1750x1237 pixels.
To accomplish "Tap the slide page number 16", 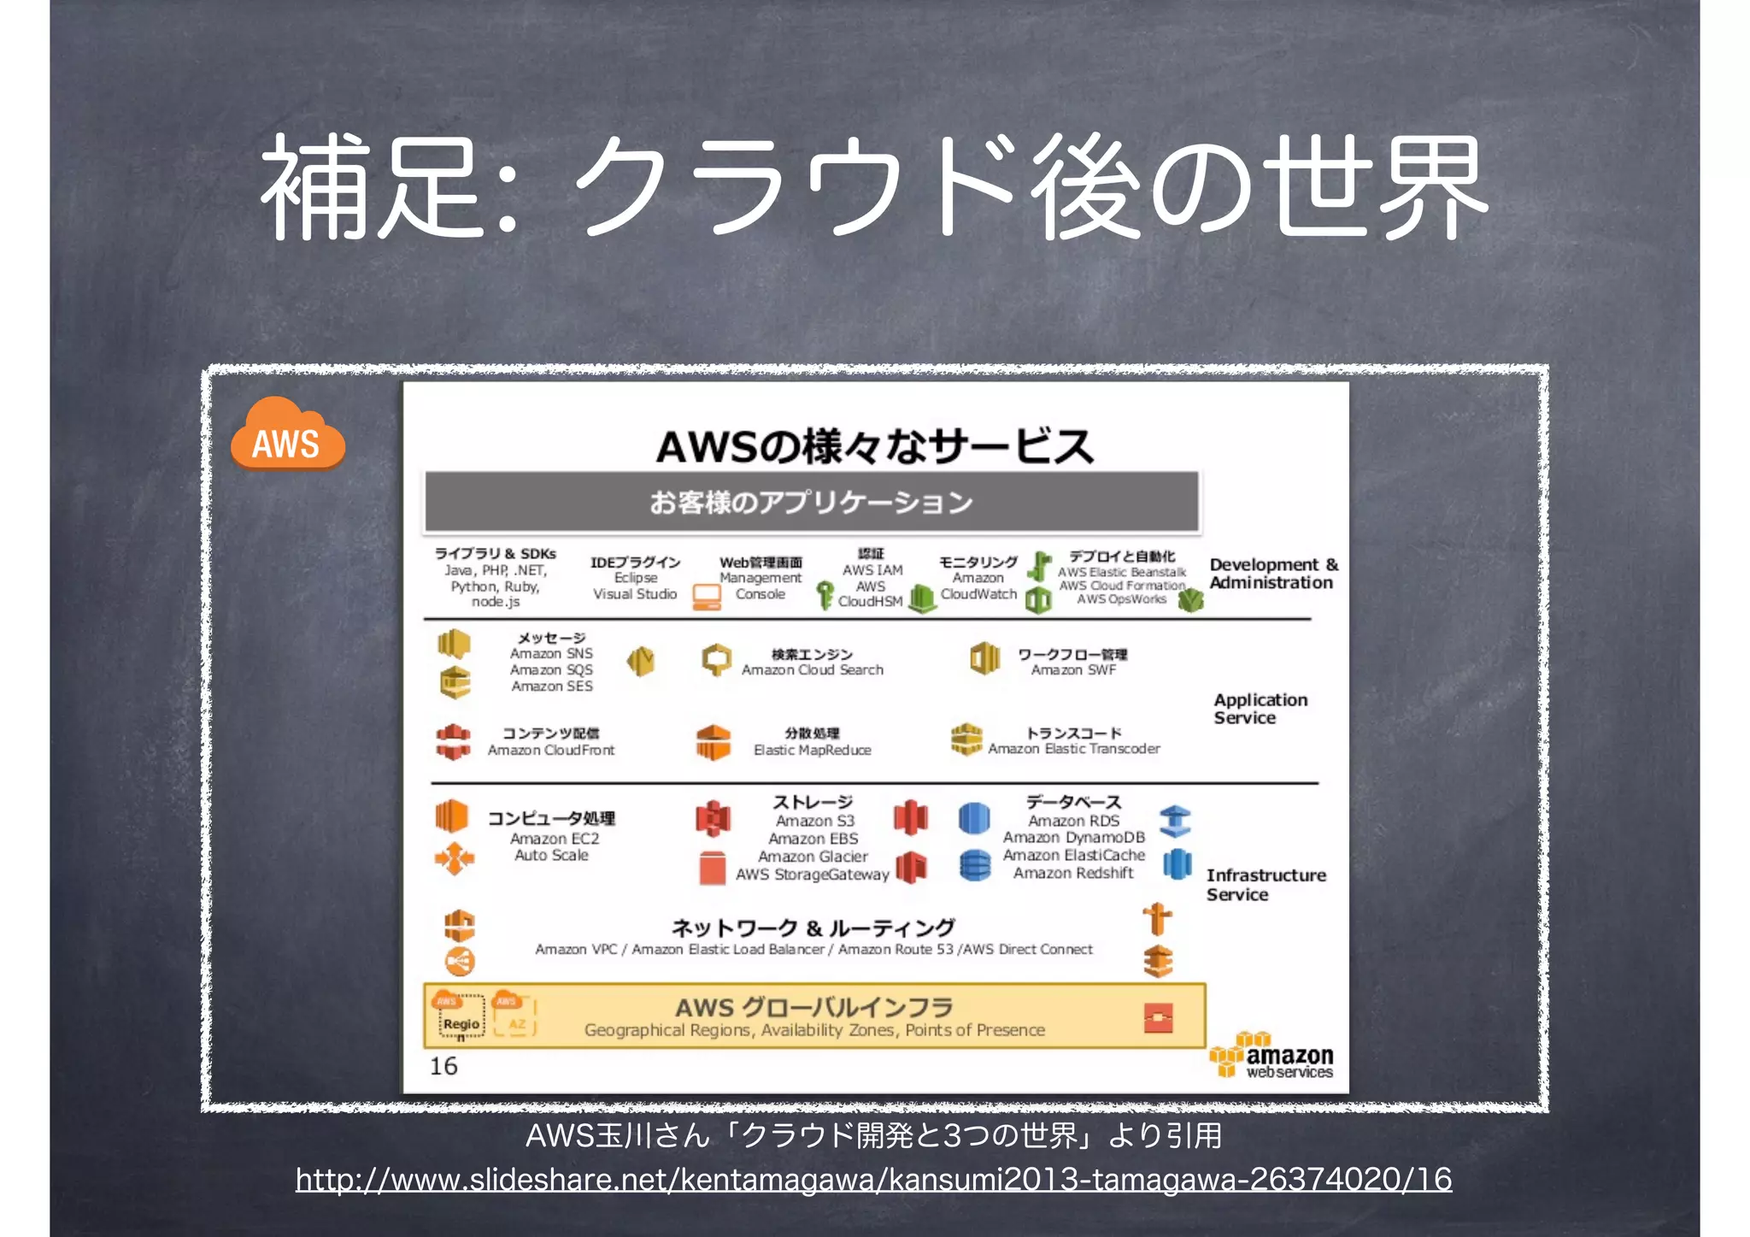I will (443, 1066).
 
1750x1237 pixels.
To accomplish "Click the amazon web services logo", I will (1273, 1057).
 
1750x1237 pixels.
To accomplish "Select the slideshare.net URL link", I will (873, 1180).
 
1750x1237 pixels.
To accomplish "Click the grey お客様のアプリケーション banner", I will (812, 502).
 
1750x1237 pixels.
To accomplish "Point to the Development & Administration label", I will (1272, 574).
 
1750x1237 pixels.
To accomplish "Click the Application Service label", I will (1260, 709).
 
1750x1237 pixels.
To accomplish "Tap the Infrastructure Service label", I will (1266, 885).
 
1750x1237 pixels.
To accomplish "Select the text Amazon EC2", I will (555, 839).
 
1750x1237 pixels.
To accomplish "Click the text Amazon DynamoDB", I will (1073, 838).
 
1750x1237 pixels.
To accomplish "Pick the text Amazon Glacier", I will (813, 857).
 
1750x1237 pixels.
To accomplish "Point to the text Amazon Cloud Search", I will (812, 670).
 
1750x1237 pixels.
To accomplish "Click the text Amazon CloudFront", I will (551, 750).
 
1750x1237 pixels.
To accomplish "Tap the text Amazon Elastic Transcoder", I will (1074, 749).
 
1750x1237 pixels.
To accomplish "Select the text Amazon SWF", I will (1073, 670).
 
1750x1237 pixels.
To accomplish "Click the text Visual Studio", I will (635, 594).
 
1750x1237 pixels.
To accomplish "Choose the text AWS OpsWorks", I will (1121, 599).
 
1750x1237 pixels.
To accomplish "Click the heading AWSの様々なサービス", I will (874, 446).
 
